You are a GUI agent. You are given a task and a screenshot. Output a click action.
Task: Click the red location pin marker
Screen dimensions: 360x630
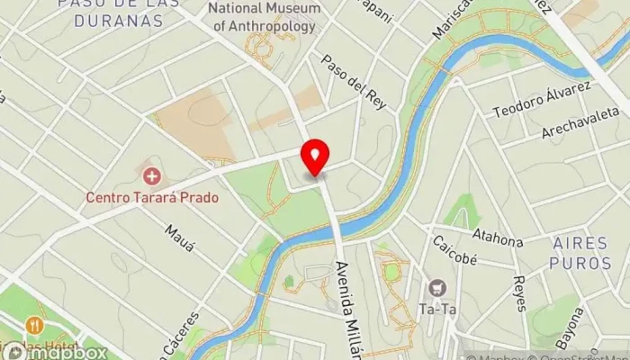pos(315,157)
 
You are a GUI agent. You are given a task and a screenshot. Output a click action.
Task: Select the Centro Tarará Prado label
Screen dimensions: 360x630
pos(152,196)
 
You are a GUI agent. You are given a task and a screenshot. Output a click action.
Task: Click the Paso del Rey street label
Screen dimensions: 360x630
pos(355,82)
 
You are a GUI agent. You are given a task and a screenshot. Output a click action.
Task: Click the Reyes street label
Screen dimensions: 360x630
pos(519,292)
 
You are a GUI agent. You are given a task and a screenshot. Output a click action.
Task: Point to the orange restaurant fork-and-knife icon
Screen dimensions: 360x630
pos(34,325)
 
